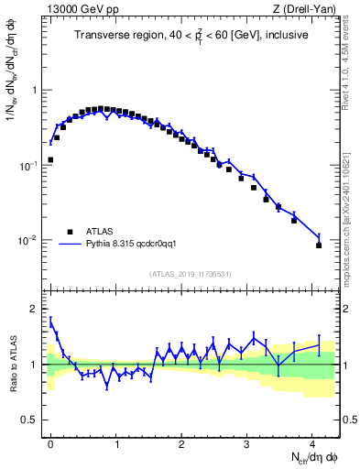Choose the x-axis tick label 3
(x=246, y=443)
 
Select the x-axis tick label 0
(x=50, y=443)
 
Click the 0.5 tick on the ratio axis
(x=31, y=420)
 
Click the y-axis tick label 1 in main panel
(x=36, y=91)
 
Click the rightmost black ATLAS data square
(x=319, y=245)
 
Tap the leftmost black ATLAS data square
(x=50, y=159)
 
